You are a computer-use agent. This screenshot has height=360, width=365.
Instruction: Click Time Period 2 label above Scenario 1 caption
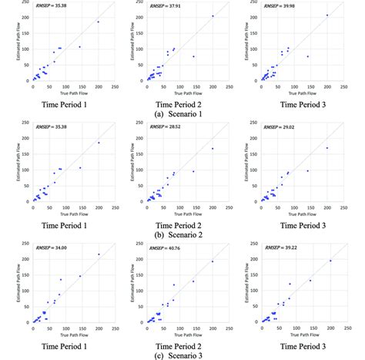182,102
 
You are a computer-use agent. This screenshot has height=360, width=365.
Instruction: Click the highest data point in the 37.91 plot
213,15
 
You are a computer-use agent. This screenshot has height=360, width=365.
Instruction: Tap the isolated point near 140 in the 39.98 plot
307,56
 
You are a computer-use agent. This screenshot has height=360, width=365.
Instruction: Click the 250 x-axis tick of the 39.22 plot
343,328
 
